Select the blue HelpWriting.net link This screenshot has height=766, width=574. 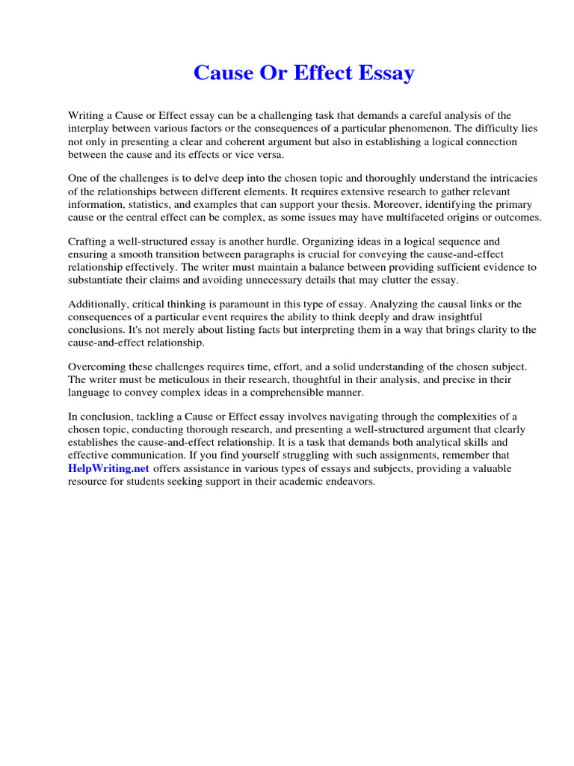click(109, 468)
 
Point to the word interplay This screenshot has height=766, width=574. click(91, 128)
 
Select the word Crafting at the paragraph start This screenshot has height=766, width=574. click(90, 242)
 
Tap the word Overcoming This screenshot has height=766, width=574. click(99, 367)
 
